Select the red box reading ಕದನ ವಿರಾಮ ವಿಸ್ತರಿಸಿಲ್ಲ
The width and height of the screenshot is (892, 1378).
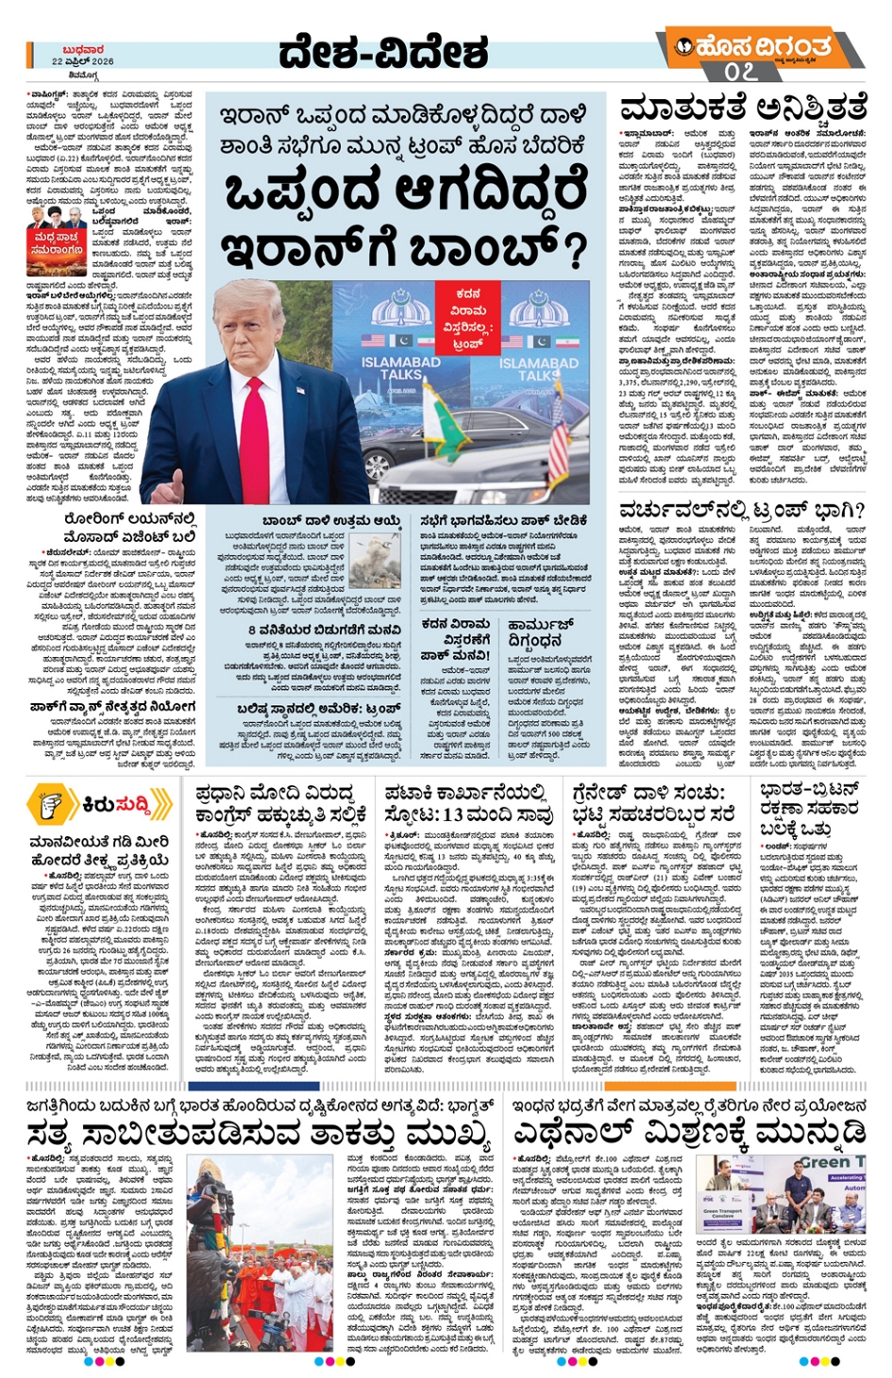click(467, 318)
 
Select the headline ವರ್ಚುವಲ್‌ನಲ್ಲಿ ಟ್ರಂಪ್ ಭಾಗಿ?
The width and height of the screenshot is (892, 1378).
click(742, 510)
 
